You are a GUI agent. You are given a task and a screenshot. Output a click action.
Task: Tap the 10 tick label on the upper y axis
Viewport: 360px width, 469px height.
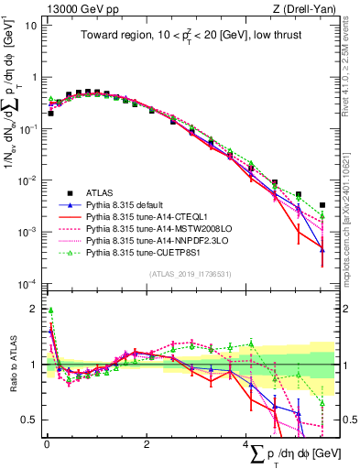pyautogui.click(x=29, y=25)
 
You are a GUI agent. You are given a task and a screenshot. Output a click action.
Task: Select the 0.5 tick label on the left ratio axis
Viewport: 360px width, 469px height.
pyautogui.click(x=27, y=420)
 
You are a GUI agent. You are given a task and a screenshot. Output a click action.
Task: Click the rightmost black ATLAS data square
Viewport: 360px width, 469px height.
pyautogui.click(x=322, y=205)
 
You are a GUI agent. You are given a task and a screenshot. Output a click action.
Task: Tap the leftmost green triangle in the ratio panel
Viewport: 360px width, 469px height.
pyautogui.click(x=50, y=311)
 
